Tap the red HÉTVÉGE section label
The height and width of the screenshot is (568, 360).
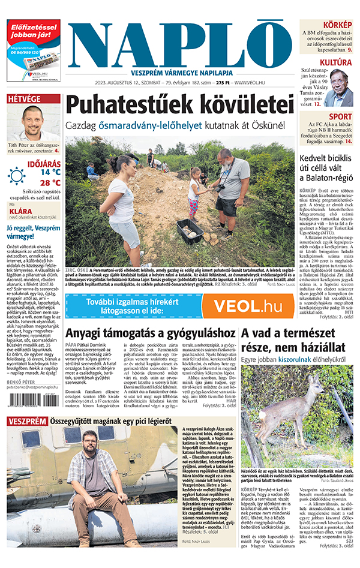tap(25, 98)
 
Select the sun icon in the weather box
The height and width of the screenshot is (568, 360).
tap(17, 176)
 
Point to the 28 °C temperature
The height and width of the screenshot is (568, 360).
tap(50, 183)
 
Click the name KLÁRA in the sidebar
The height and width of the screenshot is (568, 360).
tap(20, 212)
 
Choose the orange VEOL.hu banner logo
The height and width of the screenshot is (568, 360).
tap(247, 306)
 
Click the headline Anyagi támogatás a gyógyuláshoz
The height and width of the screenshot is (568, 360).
tap(151, 333)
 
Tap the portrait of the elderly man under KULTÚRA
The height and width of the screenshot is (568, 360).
tap(340, 88)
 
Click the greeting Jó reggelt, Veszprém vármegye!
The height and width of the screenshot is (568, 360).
tap(33, 232)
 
